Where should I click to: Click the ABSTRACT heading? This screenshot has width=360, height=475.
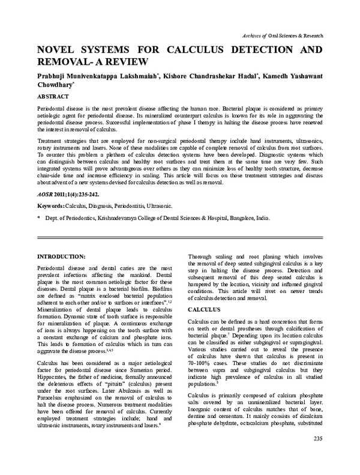tap(57, 96)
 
